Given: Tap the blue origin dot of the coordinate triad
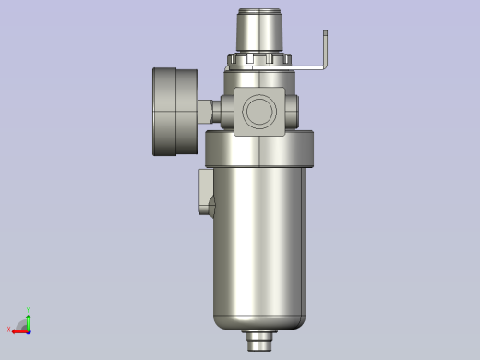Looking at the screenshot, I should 28,330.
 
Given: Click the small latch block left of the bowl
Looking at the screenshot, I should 205,192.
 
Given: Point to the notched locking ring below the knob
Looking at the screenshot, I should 259,61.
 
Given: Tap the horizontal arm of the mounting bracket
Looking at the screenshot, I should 309,66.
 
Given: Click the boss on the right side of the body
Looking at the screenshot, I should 292,111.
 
